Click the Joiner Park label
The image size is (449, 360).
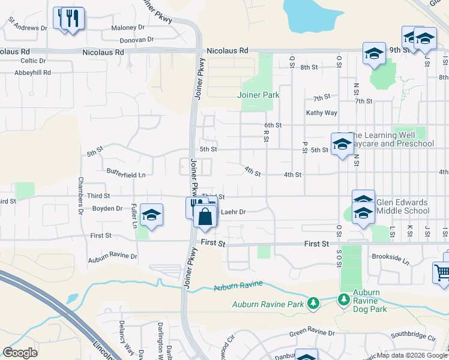258,95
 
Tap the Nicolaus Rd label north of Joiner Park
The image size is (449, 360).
226,52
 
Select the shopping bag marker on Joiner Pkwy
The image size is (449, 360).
205,217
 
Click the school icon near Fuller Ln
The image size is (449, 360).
152,215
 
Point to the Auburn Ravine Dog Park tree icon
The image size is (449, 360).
343,299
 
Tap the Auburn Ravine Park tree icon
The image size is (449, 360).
312,304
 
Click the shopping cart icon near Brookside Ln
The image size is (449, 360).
442,272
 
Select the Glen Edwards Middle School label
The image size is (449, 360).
402,206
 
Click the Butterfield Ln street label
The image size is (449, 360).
126,174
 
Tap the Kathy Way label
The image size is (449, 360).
322,113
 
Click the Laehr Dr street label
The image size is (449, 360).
234,212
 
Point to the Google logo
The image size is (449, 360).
20,353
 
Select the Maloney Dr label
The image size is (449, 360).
128,28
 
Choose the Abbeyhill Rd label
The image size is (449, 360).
33,73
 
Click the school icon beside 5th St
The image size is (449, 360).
342,145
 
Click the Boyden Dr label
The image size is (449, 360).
107,209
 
